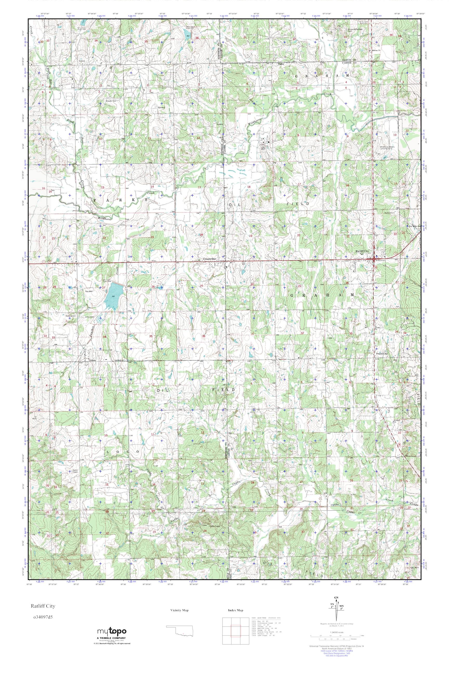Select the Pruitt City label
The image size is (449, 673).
click(x=381, y=354)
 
